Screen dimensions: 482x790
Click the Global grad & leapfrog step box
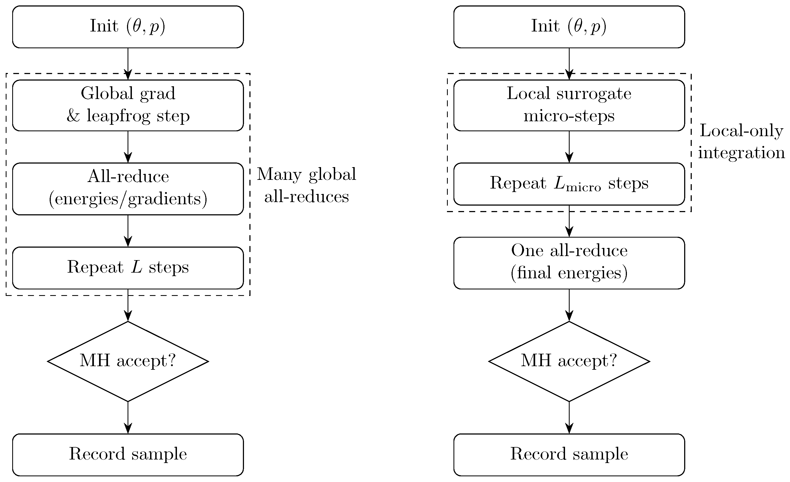[128, 105]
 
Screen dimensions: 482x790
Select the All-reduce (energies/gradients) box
[128, 189]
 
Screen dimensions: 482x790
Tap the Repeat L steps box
[128, 268]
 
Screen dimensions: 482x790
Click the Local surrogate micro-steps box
[569, 105]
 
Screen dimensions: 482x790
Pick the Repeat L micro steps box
[569, 184]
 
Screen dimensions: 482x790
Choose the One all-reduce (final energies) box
[569, 263]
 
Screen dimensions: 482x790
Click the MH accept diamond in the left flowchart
[128, 361]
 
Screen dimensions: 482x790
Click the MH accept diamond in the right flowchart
[569, 361]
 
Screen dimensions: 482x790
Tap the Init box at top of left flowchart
[128, 27]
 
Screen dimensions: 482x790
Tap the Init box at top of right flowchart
[569, 27]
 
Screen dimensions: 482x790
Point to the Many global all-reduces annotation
[306, 185]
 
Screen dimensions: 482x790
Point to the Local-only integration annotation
[741, 141]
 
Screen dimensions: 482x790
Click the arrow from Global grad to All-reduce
[128, 146]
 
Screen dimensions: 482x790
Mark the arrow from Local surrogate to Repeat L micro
[569, 146]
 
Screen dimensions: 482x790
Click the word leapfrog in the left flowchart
[118, 116]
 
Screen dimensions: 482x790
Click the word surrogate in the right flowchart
[594, 94]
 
